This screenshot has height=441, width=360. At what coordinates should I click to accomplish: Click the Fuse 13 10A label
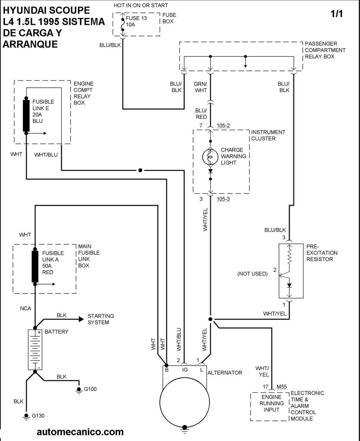136,21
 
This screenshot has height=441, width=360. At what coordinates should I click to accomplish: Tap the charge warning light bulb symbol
210,156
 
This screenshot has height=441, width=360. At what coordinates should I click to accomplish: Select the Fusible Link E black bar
26,115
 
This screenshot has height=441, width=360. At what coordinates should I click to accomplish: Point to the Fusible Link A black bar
35,267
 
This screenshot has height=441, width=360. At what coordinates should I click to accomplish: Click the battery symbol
35,349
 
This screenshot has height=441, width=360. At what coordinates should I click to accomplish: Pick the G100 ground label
90,389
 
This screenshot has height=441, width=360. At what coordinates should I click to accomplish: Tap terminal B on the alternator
167,369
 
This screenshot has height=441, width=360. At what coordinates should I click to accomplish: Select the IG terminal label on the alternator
185,369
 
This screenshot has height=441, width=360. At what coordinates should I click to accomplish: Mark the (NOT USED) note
252,274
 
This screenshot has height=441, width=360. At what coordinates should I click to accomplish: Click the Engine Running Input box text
271,403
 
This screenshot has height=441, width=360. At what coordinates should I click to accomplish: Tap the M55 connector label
282,387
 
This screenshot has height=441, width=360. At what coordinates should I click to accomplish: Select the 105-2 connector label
223,126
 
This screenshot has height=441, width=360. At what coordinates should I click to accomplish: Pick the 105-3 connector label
223,199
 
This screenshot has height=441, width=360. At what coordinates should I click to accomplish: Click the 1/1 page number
337,14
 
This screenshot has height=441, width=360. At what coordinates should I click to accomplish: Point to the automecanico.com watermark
80,432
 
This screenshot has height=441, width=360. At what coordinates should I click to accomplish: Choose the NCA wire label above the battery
25,308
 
